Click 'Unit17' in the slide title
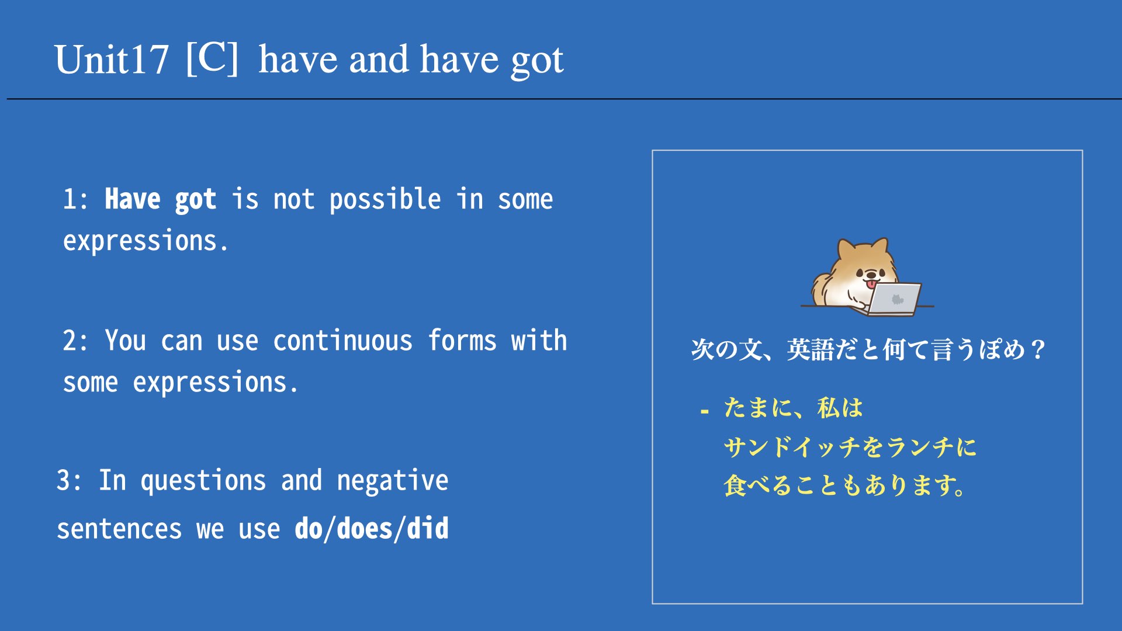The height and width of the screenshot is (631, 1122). tap(112, 60)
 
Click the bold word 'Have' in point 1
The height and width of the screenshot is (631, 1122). tap(133, 199)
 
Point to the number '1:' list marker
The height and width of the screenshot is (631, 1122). tap(76, 199)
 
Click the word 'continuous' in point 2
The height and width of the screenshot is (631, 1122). tap(343, 341)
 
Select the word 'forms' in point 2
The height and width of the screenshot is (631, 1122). tap(462, 340)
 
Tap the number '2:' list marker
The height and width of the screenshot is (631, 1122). tap(76, 341)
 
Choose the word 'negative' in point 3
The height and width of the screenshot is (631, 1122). tap(393, 481)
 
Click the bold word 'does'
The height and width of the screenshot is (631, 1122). tap(365, 528)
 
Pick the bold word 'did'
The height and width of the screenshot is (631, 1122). tap(428, 528)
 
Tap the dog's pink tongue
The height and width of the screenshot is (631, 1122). tap(871, 284)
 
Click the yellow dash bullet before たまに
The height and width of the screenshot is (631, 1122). tap(705, 412)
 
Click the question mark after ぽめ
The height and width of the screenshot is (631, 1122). tap(1038, 350)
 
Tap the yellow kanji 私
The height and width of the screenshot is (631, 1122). tap(828, 408)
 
